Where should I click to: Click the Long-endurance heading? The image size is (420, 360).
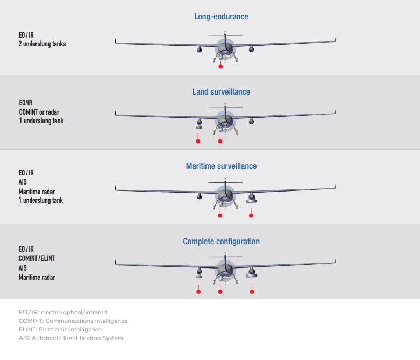[221, 17]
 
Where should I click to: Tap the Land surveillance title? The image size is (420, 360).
[221, 92]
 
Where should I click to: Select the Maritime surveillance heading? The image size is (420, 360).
[221, 166]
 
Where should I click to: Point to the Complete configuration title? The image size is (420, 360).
[221, 242]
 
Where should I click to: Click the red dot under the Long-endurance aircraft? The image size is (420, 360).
[220, 66]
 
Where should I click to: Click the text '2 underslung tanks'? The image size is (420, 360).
[42, 44]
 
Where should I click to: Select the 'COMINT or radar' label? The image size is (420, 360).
[39, 112]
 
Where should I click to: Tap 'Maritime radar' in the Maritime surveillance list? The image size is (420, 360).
[37, 192]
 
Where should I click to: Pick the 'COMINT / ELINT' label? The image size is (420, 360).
[37, 258]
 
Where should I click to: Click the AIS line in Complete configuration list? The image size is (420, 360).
[23, 268]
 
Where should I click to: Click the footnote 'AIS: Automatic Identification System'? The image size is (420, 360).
[70, 338]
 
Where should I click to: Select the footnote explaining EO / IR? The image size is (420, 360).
[63, 312]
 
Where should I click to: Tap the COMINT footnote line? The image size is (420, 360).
[73, 321]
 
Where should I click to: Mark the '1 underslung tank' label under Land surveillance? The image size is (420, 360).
[41, 121]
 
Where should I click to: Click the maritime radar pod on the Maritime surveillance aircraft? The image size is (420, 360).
[251, 198]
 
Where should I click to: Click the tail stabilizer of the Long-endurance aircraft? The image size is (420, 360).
[225, 36]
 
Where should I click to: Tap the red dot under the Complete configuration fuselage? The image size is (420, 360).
[220, 291]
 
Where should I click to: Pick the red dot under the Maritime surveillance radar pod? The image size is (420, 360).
[251, 216]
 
